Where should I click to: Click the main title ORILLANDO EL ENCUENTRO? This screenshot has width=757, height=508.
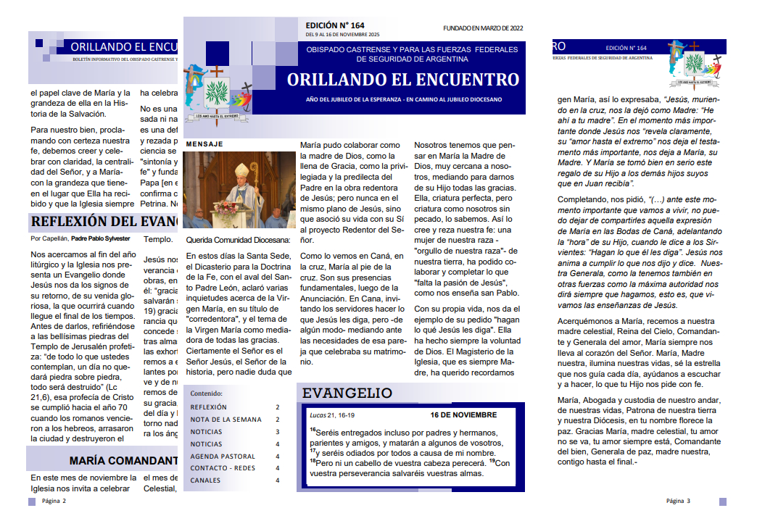(x=402, y=79)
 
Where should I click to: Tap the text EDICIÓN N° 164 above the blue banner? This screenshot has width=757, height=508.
(x=335, y=25)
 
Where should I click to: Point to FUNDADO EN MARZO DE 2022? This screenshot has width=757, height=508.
(x=482, y=28)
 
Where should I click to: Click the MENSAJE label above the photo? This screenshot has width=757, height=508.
(x=204, y=144)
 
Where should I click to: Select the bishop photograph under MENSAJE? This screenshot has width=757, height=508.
(x=239, y=190)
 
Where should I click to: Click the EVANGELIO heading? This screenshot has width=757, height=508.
(x=347, y=394)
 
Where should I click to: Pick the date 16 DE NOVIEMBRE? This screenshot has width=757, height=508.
(x=463, y=415)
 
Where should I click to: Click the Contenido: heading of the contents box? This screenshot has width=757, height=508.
(x=207, y=394)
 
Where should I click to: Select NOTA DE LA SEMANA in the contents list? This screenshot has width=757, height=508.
(x=226, y=420)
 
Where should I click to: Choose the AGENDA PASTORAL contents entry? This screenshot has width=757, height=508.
(x=223, y=457)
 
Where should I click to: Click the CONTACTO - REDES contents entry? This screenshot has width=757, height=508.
(x=223, y=468)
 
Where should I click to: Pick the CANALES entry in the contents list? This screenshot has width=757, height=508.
(x=205, y=480)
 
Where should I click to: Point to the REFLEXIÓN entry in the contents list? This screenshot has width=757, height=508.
(x=208, y=407)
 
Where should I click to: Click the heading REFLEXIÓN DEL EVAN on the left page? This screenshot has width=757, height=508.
(x=104, y=221)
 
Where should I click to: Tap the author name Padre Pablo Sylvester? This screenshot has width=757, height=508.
(x=101, y=238)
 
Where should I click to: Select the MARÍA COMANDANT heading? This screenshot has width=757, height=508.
(x=123, y=460)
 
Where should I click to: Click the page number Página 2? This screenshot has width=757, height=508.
(x=54, y=501)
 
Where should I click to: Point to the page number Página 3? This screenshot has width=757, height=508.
(x=678, y=501)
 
